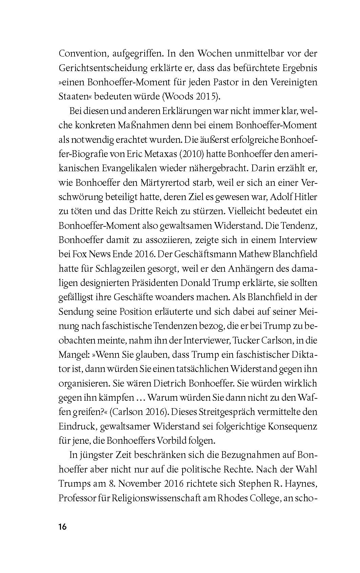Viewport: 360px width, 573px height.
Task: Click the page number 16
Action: pyautogui.click(x=63, y=527)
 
